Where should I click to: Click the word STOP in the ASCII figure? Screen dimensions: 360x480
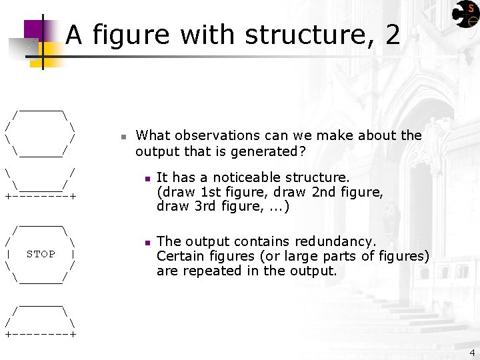[x=41, y=254]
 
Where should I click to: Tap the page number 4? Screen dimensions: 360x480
[x=472, y=353]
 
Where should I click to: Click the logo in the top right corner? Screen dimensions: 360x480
[x=464, y=14]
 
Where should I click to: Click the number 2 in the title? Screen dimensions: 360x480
[x=392, y=35]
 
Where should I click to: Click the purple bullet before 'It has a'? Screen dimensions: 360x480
[x=146, y=178]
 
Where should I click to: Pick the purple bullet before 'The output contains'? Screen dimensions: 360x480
[x=146, y=242]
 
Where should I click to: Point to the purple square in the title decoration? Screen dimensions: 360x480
[x=33, y=29]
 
